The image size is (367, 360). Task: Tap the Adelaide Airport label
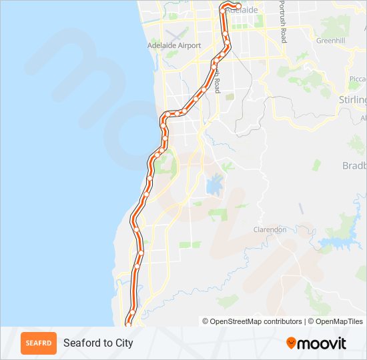click(174, 45)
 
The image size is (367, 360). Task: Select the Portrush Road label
click(283, 22)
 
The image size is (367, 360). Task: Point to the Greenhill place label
click(330, 41)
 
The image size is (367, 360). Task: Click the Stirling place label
click(353, 100)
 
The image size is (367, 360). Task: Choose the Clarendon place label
click(270, 229)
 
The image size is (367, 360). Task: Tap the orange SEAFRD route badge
click(39, 343)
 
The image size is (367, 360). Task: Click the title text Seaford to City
click(98, 343)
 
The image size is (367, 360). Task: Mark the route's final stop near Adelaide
click(238, 7)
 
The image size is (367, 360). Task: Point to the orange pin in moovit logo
click(291, 343)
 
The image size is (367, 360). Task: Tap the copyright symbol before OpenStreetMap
click(206, 321)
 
